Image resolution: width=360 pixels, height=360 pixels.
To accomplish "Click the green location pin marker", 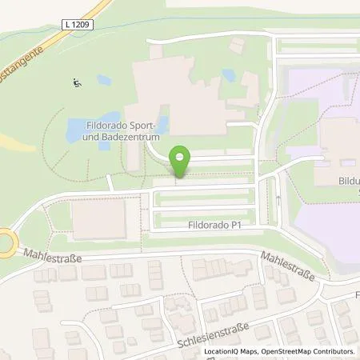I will [182, 161].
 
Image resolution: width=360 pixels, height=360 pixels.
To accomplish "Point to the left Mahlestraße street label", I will [54, 250].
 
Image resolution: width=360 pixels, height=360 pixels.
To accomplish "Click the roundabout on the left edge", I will [4, 240].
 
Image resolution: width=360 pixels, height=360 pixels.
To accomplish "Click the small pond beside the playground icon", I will [104, 81].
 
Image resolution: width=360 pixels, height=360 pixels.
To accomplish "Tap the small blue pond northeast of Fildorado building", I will [229, 75].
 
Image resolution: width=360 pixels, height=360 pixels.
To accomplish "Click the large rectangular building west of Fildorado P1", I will [98, 218].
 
